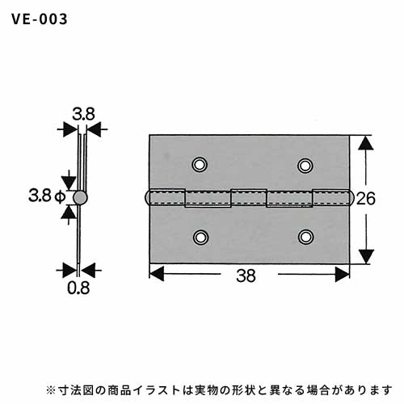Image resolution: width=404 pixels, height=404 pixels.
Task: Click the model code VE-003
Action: (x=40, y=19)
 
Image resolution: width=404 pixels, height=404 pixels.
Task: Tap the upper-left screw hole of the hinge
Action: (x=200, y=164)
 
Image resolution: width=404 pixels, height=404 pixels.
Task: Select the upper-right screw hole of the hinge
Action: (x=305, y=166)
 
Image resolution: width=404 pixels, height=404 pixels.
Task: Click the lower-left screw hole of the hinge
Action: (x=200, y=237)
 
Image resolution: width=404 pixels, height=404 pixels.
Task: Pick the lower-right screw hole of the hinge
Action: (x=305, y=237)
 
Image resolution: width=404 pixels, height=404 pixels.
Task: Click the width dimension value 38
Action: (x=246, y=276)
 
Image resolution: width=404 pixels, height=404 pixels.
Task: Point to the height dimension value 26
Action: (x=365, y=199)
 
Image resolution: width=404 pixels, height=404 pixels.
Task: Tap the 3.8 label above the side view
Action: (x=83, y=114)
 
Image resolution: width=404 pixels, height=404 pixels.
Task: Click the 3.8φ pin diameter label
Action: (x=47, y=196)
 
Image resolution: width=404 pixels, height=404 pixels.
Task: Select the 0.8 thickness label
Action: (x=78, y=288)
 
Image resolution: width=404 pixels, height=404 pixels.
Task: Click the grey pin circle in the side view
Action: (x=80, y=198)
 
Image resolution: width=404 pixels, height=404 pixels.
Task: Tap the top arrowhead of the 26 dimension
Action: (x=365, y=142)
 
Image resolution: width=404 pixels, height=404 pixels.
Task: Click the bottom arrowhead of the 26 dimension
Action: (x=366, y=257)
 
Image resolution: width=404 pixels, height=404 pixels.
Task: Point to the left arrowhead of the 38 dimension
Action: (x=157, y=274)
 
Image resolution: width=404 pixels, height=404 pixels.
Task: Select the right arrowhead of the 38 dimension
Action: (x=343, y=274)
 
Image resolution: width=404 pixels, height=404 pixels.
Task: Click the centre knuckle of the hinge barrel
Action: (x=249, y=197)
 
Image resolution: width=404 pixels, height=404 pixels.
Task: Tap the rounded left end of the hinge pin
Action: (x=147, y=198)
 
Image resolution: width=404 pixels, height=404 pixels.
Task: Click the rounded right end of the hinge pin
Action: (x=351, y=198)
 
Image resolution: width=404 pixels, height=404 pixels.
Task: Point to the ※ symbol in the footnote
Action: (x=51, y=389)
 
